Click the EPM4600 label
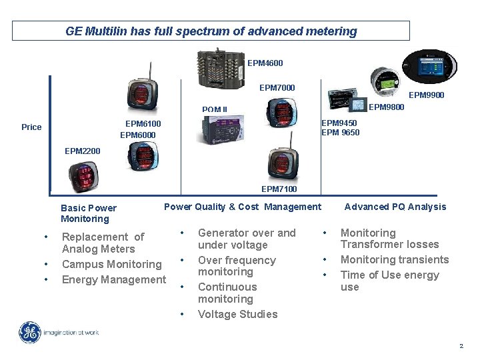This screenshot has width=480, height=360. [265, 63]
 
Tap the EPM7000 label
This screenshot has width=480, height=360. [277, 88]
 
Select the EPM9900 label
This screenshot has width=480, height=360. [426, 95]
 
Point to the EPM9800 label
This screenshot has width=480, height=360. [386, 107]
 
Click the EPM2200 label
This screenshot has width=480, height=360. [83, 151]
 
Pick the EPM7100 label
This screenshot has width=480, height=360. [279, 189]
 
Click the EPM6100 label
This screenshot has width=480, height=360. [143, 123]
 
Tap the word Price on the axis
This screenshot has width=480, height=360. [31, 127]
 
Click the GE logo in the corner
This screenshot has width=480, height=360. [29, 333]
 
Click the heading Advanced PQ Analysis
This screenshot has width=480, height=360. [395, 207]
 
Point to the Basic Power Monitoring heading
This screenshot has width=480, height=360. [88, 213]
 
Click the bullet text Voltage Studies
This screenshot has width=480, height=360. [237, 314]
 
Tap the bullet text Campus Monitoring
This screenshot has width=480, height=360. [111, 265]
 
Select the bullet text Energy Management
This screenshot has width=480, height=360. [113, 279]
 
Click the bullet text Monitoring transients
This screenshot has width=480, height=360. [395, 259]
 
